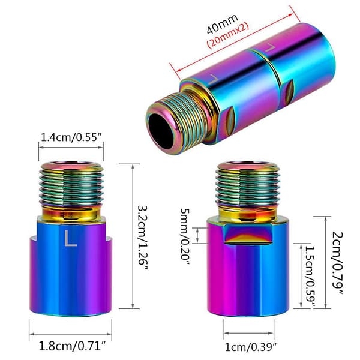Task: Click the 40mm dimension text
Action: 222,24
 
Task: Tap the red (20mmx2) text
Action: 228,35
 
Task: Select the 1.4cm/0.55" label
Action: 71,137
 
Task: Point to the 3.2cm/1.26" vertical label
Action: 143,238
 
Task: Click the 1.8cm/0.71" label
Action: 73,346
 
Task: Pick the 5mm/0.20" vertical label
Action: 185,237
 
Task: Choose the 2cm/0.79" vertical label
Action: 338,263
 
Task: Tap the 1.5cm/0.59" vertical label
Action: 310,277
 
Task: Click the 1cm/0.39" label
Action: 250,347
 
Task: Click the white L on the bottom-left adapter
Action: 70,238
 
